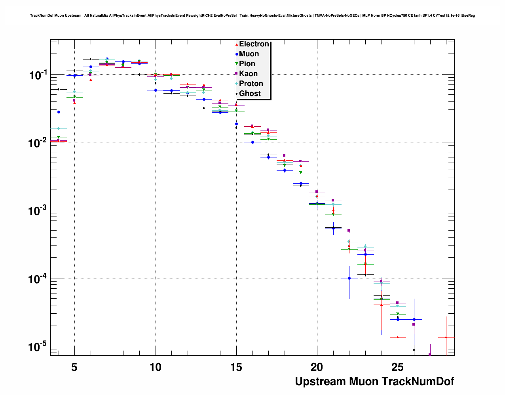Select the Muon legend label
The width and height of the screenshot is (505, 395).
pyautogui.click(x=249, y=54)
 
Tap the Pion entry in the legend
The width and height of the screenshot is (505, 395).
pyautogui.click(x=247, y=64)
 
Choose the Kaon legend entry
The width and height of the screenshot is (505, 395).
pyautogui.click(x=248, y=74)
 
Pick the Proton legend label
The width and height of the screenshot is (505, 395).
pyautogui.click(x=251, y=84)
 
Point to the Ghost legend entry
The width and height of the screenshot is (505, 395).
pyautogui.click(x=250, y=94)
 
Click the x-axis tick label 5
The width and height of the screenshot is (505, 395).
pyautogui.click(x=74, y=367)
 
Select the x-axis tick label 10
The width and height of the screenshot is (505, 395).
pyautogui.click(x=156, y=367)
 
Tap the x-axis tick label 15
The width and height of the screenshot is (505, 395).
pyautogui.click(x=236, y=367)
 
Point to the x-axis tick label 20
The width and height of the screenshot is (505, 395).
pyautogui.click(x=317, y=367)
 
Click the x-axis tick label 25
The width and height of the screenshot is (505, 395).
pyautogui.click(x=397, y=367)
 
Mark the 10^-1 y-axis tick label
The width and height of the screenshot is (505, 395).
pyautogui.click(x=38, y=75)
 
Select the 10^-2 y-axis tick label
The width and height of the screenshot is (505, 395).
pyautogui.click(x=38, y=142)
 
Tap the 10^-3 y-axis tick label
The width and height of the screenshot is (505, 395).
pyautogui.click(x=38, y=210)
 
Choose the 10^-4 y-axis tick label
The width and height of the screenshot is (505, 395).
pyautogui.click(x=38, y=278)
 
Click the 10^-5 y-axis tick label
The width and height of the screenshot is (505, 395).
pyautogui.click(x=38, y=346)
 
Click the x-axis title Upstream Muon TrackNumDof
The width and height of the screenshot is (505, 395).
pyautogui.click(x=374, y=382)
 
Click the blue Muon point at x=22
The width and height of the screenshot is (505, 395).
pyautogui.click(x=349, y=278)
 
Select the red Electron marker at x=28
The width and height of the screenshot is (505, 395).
pyautogui.click(x=446, y=337)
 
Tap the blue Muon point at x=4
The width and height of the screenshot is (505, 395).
pyautogui.click(x=59, y=112)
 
